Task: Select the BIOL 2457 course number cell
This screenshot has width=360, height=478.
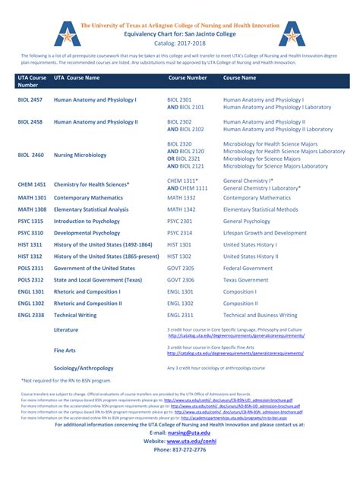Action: coord(30,99)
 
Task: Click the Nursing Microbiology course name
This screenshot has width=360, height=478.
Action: coord(81,155)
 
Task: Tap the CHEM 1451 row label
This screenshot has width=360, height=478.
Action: coord(31,184)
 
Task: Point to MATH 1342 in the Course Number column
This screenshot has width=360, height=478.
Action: coord(182,209)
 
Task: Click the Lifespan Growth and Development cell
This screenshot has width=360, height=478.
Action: coord(265,233)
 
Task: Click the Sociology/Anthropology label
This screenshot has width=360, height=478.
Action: coord(83,368)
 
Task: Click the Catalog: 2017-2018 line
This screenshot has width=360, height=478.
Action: coord(180,43)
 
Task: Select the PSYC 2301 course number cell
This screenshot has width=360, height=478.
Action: coord(180,221)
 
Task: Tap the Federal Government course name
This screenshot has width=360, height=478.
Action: coord(248,268)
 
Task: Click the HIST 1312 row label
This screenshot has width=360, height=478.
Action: coord(30,256)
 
